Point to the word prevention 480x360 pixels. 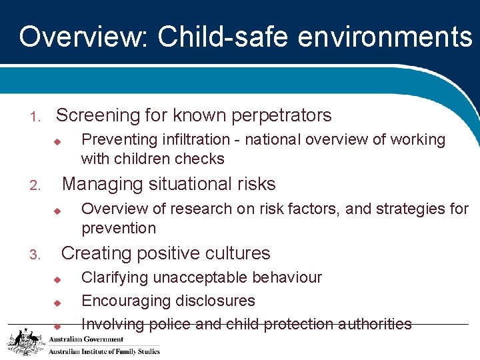(x=119, y=228)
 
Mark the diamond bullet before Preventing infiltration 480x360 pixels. (x=57, y=141)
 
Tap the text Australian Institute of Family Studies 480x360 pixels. (x=104, y=351)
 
